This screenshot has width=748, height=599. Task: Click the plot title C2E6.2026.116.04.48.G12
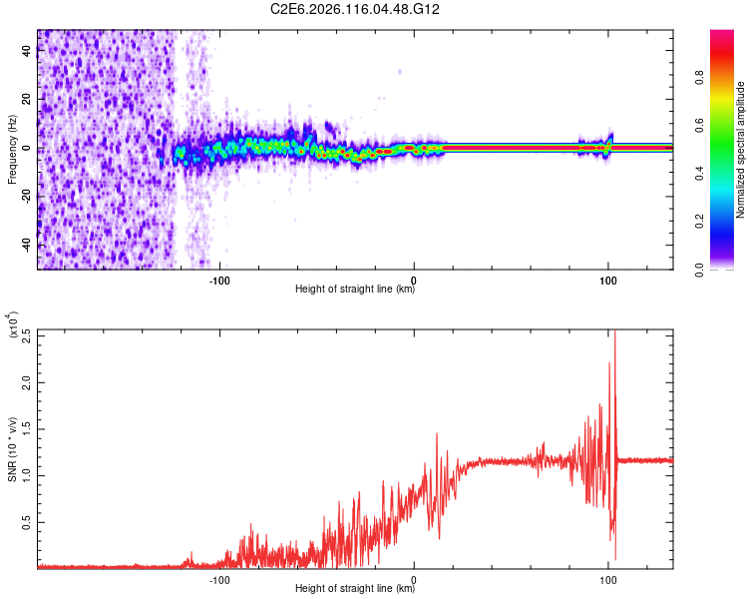click(356, 9)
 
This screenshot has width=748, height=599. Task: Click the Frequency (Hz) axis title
click(12, 149)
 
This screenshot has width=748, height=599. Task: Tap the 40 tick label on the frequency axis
click(27, 52)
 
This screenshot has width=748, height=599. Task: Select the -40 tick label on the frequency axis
click(25, 245)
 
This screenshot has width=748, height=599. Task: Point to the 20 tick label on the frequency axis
click(27, 100)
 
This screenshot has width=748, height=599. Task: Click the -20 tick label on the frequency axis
click(25, 197)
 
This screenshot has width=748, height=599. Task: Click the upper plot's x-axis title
click(355, 290)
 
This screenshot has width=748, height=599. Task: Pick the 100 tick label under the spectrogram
click(607, 280)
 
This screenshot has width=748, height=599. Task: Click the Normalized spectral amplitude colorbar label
click(741, 149)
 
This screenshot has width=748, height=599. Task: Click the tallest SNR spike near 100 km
click(613, 333)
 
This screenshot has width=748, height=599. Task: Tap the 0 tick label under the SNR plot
click(414, 579)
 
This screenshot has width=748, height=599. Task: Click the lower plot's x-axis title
click(355, 589)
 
